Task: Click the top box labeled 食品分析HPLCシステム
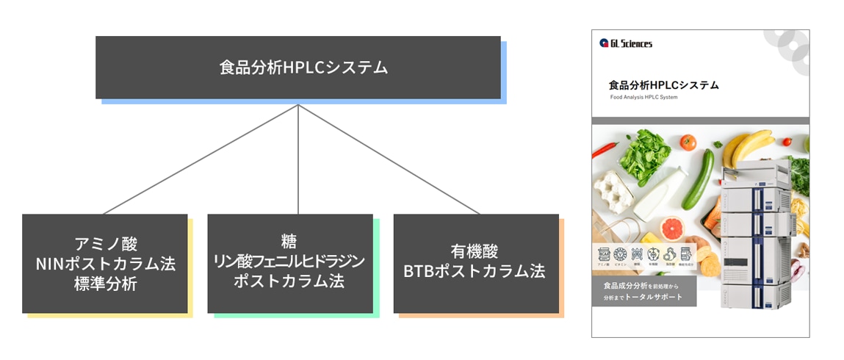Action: [x=297, y=68]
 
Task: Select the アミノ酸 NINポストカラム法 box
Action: [x=104, y=263]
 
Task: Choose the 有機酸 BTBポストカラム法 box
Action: [x=475, y=263]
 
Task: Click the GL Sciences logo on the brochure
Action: [x=625, y=43]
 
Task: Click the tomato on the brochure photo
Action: [x=688, y=142]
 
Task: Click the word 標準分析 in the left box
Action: [x=106, y=284]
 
